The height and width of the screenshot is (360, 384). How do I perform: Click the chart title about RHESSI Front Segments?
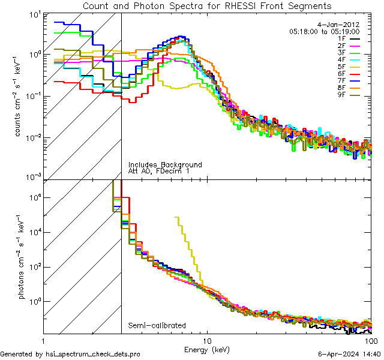pos(206,6)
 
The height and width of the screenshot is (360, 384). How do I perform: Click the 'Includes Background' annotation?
pos(165,164)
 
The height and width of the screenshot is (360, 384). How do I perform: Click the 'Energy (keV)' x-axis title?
pos(206,349)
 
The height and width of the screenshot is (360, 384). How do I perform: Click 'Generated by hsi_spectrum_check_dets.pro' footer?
pos(70,355)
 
